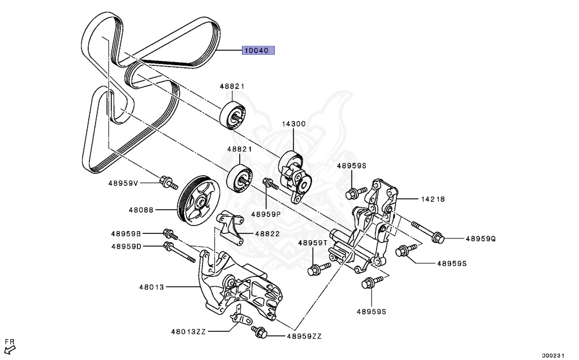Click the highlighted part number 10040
[258, 50]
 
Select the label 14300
[294, 124]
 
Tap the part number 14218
[432, 199]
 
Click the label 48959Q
[480, 239]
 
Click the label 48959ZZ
[304, 336]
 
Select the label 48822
[267, 233]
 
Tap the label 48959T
[313, 242]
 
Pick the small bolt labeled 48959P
[270, 183]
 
